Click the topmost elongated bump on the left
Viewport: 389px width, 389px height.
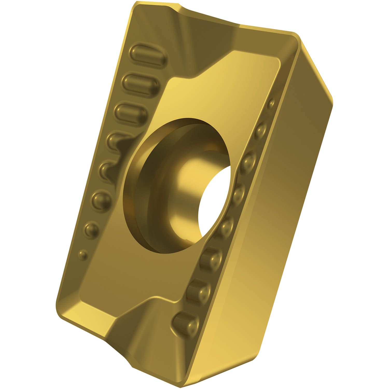click(148, 55)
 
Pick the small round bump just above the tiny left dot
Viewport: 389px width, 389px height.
click(92, 229)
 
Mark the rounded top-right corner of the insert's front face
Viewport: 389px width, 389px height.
click(296, 36)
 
